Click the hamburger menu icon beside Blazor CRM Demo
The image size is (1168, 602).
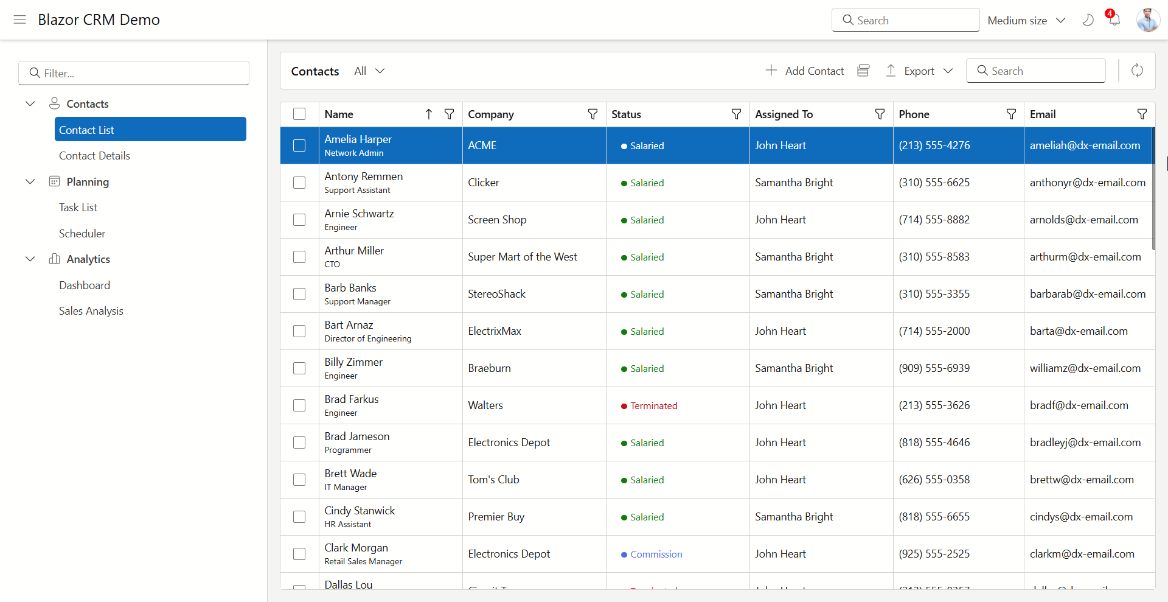pos(19,19)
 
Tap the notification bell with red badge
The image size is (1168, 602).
pos(1114,19)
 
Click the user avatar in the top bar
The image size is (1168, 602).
pos(1147,19)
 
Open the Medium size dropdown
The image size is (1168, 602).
pos(1026,20)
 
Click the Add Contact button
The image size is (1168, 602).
pos(804,71)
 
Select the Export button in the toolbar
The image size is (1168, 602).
pos(919,71)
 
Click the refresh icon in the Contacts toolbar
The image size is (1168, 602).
pos(1137,71)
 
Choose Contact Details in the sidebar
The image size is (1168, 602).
pos(94,156)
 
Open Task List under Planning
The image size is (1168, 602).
pos(78,208)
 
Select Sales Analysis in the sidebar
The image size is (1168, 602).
pos(91,311)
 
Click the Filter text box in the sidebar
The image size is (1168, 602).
pos(134,73)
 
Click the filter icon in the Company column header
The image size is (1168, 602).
pos(593,114)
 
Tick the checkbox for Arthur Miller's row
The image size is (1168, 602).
pos(299,257)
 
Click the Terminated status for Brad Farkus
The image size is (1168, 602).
pos(653,405)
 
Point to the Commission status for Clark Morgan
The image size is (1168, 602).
pos(656,554)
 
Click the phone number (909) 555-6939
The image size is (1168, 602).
pos(934,368)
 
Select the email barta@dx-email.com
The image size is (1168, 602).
pos(1078,331)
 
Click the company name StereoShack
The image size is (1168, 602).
pos(496,294)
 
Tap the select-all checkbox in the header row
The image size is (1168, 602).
pos(299,114)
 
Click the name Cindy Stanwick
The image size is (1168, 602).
pos(360,511)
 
